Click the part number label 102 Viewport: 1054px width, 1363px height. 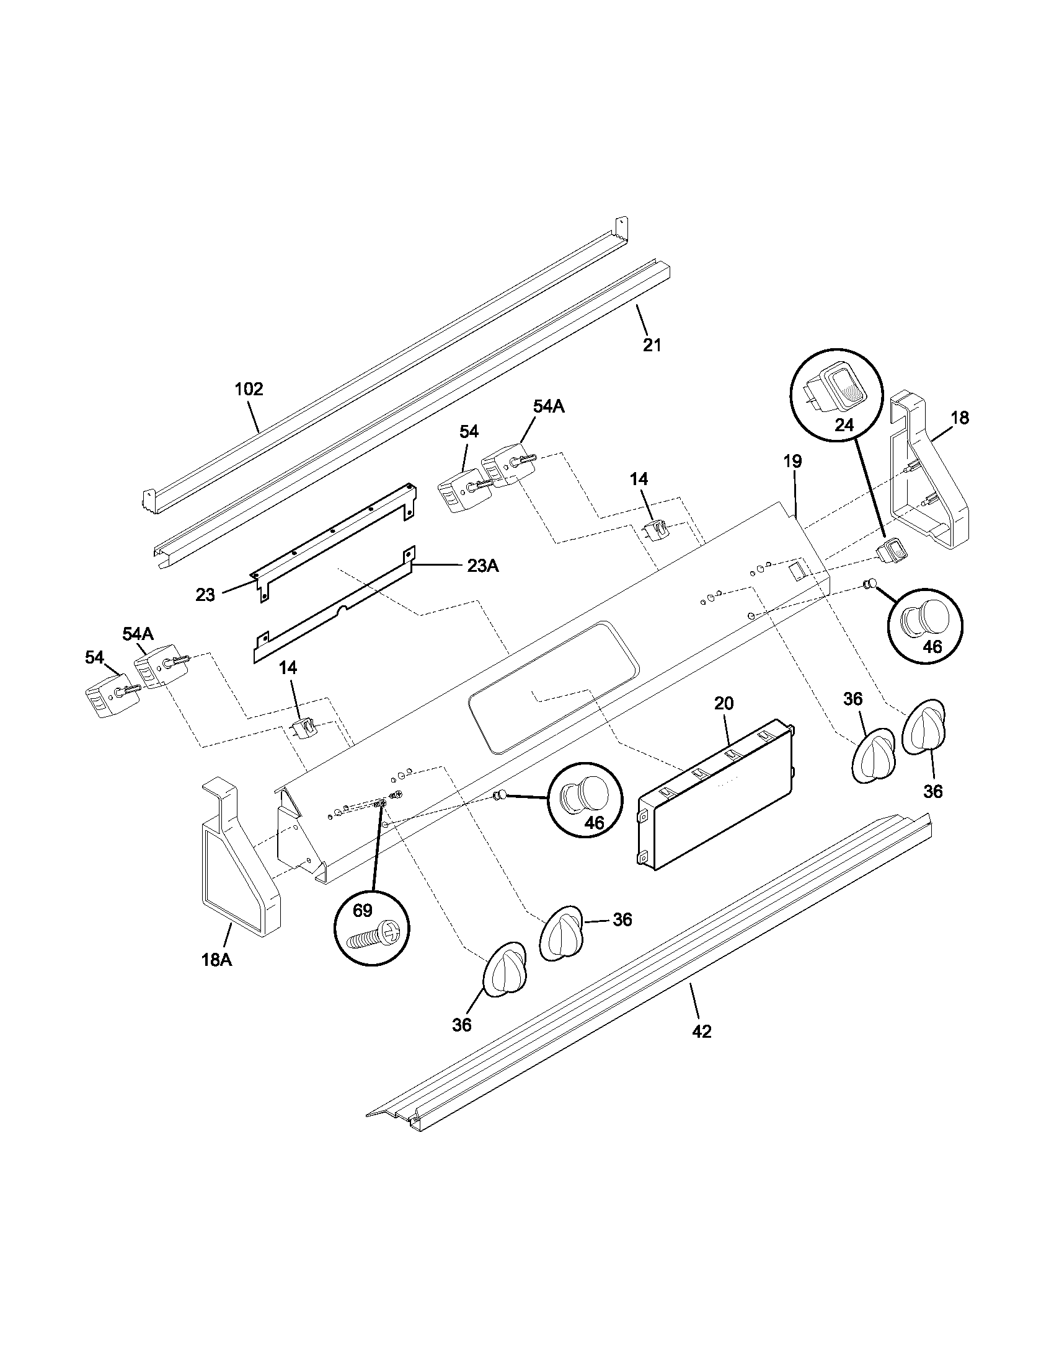point(249,390)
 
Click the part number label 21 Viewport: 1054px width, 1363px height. point(652,345)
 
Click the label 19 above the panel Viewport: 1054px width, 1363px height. point(792,461)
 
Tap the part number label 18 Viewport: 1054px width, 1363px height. point(959,418)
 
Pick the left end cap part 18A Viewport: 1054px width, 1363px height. point(241,874)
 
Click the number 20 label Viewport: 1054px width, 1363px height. point(724,703)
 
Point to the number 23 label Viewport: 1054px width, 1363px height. point(205,595)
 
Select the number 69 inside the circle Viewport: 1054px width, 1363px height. point(363,911)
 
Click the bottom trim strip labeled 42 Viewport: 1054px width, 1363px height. point(649,973)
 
